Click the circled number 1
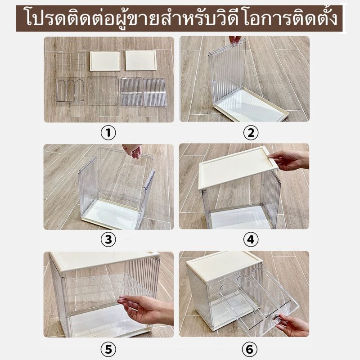pos(108,133)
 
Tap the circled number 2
pos(251,133)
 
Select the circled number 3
pos(108,240)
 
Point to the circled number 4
pos(251,240)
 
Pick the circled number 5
pos(108,350)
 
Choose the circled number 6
pos(249,350)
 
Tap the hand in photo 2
pos(235,39)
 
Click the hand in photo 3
pos(132,150)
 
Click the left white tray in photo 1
pos(105,61)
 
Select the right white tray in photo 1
pos(141,61)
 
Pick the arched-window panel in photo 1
pos(71,90)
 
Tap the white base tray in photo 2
pos(250,105)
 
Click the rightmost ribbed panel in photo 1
pos(155,92)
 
